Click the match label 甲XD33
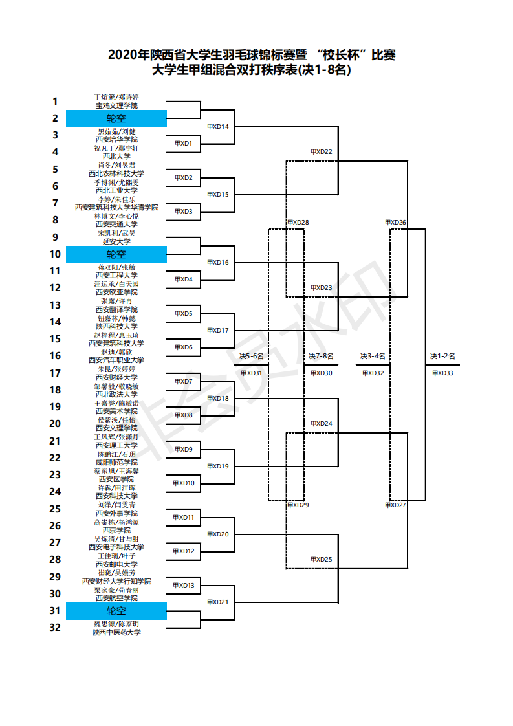[x=443, y=373]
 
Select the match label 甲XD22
[x=321, y=152]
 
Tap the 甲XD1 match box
[x=183, y=144]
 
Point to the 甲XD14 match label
[x=217, y=126]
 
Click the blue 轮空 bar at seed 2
[x=116, y=118]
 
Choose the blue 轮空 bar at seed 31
[x=116, y=611]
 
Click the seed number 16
[x=55, y=355]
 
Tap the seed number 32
[x=55, y=627]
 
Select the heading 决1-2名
[x=443, y=356]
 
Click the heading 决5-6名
[x=251, y=356]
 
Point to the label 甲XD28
[x=298, y=223]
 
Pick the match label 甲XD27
[x=395, y=505]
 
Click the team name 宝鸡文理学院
[x=116, y=105]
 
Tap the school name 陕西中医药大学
[x=116, y=632]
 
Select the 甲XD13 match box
[x=183, y=586]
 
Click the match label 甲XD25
[x=321, y=560]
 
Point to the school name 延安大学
[x=116, y=241]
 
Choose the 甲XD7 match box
[x=183, y=382]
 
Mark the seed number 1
[x=55, y=101]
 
